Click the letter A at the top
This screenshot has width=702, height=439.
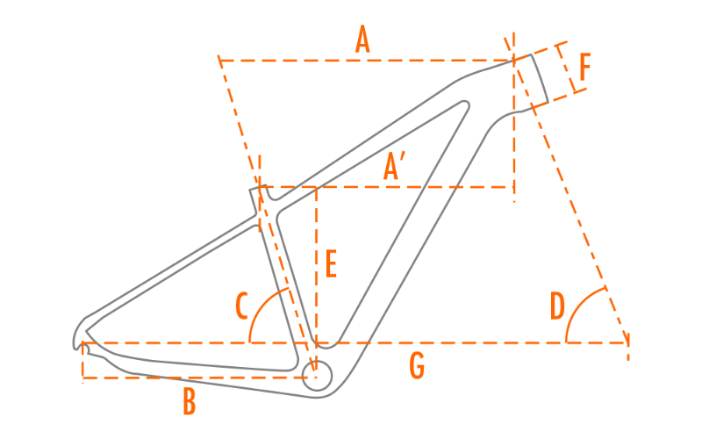pos(362,40)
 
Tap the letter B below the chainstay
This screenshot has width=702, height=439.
pos(189,403)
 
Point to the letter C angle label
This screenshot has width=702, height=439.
pos(242,306)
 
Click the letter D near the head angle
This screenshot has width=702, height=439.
pos(558,306)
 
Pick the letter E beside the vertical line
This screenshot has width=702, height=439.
pos(331,264)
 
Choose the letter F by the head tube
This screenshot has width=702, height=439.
pos(585,67)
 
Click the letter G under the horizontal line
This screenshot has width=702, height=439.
pos(417,366)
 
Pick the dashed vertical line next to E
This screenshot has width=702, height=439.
pos(316,263)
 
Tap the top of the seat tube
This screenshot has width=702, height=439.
pos(256,190)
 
